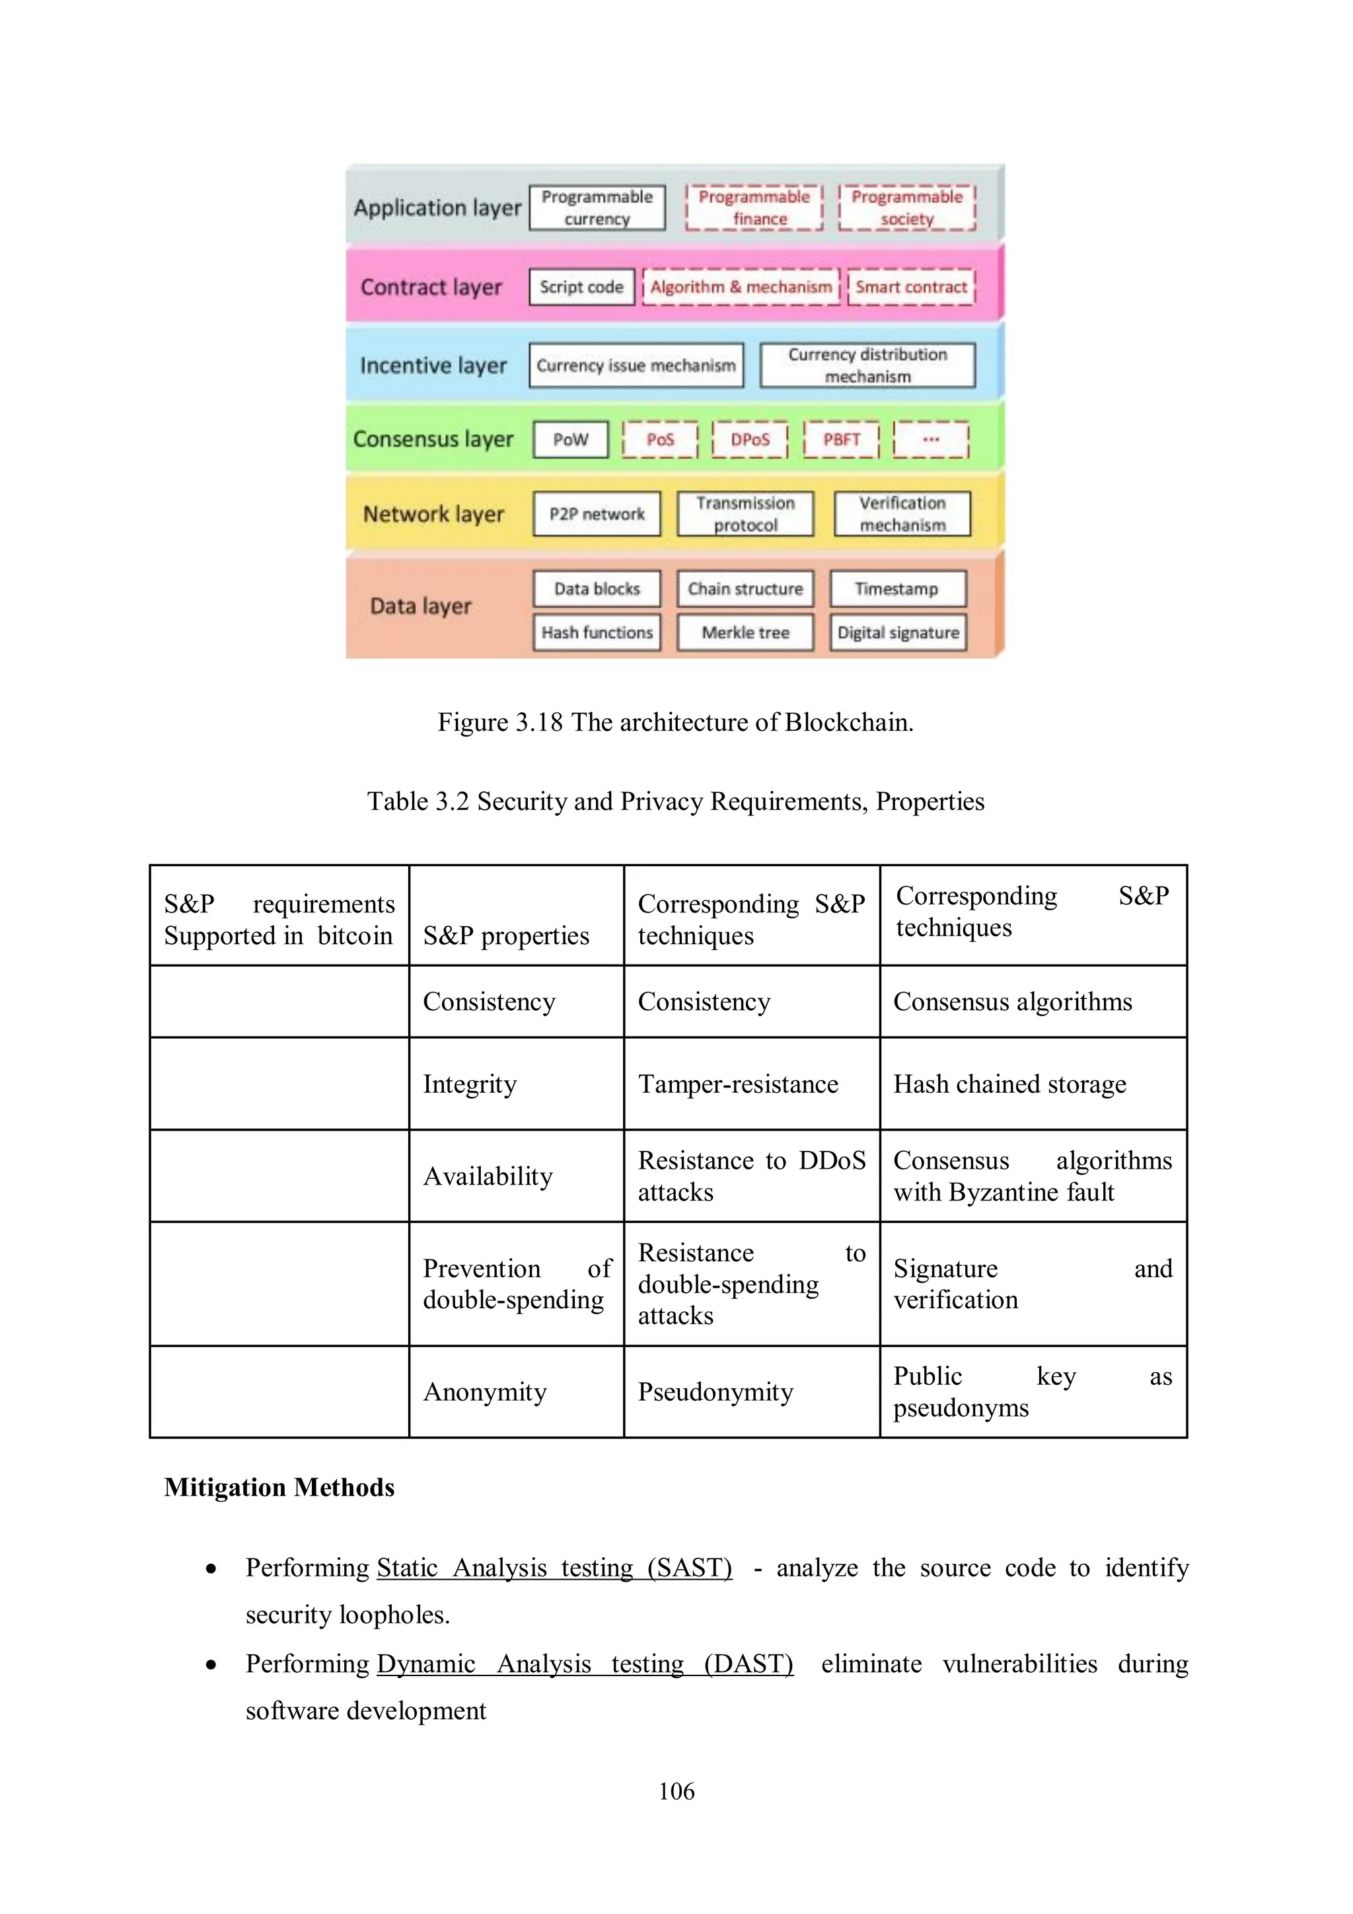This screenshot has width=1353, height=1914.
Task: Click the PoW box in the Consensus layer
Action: pos(570,439)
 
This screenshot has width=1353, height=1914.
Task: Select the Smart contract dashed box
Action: pos(910,287)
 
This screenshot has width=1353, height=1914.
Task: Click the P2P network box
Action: pos(596,513)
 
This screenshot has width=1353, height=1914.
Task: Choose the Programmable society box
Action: pos(906,207)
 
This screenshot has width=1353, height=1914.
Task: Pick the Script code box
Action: pos(581,287)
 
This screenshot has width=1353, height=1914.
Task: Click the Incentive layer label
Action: pos(433,365)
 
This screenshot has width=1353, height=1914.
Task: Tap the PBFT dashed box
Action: pos(840,439)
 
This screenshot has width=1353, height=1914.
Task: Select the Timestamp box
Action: pos(897,589)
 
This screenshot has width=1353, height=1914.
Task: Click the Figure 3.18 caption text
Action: pos(675,722)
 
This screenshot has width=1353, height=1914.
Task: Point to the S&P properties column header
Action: pos(506,936)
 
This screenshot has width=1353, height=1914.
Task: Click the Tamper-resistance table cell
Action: pos(738,1084)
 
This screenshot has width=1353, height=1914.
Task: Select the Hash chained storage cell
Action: pos(1009,1084)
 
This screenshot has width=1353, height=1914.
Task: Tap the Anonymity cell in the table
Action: pos(484,1391)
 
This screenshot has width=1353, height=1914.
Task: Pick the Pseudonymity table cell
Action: pos(715,1391)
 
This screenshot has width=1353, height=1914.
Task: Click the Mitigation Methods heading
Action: pos(279,1487)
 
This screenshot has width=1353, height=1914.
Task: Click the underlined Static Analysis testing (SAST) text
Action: pos(554,1567)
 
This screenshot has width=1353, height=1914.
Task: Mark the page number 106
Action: pos(676,1790)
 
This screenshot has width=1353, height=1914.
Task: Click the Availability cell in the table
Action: pos(488,1175)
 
